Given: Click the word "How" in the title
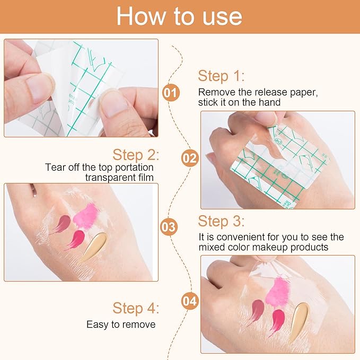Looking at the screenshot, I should pos(140,16).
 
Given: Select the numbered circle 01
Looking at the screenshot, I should pos(171,93).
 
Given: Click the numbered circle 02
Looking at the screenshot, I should pos(190,157).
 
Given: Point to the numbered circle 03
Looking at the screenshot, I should pos(169,227).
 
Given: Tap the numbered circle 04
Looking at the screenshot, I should pos(189,301).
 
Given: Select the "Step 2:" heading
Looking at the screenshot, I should pos(135,155).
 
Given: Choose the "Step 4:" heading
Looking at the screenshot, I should pos(136,308).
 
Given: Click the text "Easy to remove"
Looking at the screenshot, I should pos(121,324).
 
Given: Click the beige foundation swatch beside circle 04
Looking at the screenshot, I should pos(300,321).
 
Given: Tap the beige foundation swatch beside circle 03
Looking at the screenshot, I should pos(94,247).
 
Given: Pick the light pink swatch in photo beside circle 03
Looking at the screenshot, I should pos(86,215).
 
